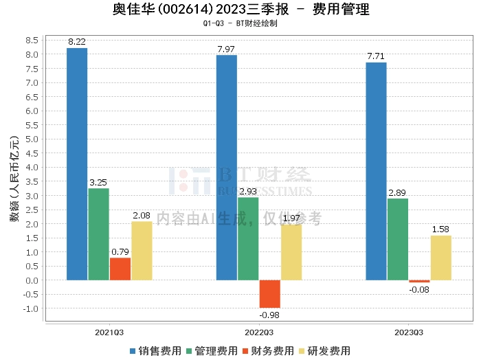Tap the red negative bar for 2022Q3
point(269,294)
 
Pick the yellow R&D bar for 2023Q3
point(441,258)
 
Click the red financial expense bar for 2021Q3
point(120,269)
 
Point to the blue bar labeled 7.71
point(376,171)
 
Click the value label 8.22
point(77,42)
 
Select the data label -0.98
point(269,315)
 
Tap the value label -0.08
point(419,289)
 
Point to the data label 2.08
point(142,216)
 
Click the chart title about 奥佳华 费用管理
point(240,10)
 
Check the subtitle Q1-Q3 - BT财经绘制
point(240,23)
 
